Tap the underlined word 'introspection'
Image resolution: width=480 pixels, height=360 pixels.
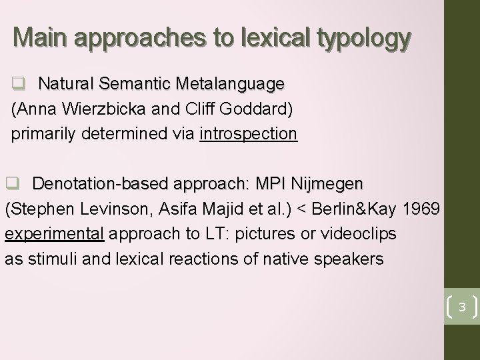248,134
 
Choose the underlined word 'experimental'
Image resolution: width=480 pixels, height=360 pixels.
54,233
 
